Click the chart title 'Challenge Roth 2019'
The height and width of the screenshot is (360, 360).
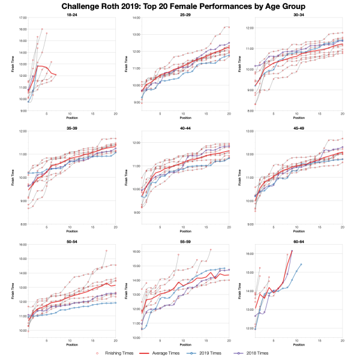tap(180, 7)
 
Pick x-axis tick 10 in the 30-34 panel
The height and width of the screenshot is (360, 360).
tap(296, 114)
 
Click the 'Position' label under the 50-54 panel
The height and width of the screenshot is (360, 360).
tap(71, 345)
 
